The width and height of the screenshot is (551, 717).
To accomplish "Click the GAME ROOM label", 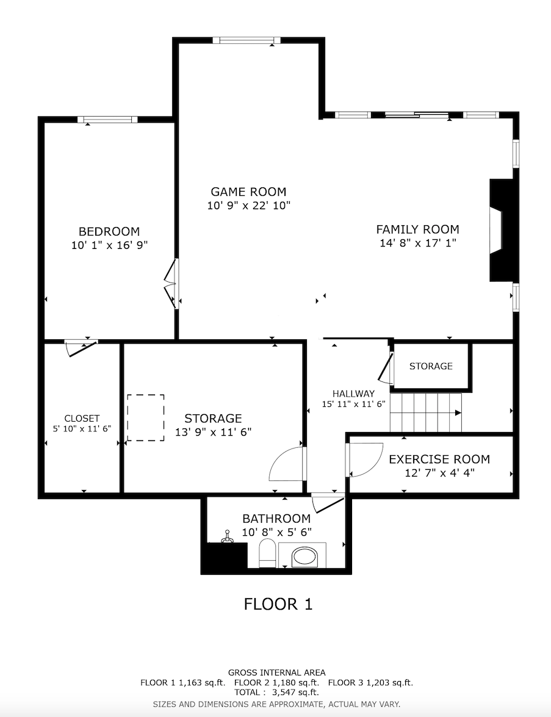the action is [248, 192].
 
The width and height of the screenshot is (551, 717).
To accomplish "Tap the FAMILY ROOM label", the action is [417, 229].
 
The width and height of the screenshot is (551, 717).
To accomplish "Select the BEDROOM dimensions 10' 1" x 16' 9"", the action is [109, 245].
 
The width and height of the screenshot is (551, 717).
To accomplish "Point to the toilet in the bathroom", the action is [267, 552].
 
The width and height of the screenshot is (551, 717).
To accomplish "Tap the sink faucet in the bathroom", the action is [227, 536].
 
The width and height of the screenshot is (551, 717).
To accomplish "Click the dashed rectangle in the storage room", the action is [146, 418].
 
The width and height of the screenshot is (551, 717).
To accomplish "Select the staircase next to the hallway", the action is [426, 412].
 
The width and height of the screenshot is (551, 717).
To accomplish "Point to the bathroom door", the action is [328, 504].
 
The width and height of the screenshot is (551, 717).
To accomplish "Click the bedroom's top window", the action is [107, 120].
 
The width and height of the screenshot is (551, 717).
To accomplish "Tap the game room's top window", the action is [247, 40].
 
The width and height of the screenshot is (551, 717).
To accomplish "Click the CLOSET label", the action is [82, 418].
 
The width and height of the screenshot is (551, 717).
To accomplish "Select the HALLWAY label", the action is [353, 393].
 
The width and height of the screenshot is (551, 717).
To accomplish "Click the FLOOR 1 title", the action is [278, 604].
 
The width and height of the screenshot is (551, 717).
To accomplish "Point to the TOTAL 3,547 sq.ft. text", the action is [276, 693].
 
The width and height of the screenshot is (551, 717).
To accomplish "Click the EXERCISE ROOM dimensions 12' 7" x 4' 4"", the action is [439, 472].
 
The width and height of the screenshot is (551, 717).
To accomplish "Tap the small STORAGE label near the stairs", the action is [431, 366].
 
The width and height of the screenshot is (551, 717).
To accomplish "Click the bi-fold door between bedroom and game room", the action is [171, 284].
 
